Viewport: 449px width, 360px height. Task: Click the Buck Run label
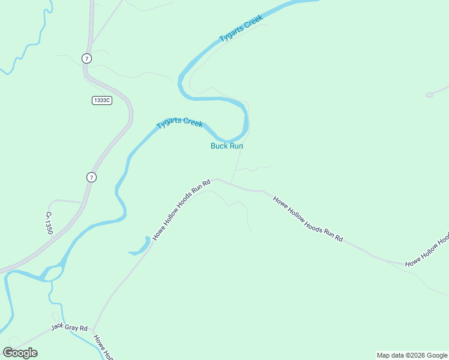(226, 146)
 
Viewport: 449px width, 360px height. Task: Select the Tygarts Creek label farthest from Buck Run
(241, 29)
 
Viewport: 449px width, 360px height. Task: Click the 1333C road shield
(101, 100)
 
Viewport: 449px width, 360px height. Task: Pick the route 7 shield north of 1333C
(87, 58)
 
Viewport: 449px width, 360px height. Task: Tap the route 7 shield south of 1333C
(91, 177)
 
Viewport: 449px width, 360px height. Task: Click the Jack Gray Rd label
(69, 328)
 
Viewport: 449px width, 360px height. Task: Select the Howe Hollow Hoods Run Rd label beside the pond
(181, 209)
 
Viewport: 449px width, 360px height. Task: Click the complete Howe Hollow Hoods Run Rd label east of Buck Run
(307, 218)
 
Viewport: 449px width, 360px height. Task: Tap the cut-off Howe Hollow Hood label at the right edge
(427, 251)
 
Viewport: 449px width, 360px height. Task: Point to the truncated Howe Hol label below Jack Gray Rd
(103, 347)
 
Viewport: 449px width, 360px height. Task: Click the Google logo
(20, 352)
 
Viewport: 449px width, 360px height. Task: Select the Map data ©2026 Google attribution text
(412, 355)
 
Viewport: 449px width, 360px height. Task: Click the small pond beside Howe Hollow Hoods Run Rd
(143, 245)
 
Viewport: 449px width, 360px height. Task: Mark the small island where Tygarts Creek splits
(53, 273)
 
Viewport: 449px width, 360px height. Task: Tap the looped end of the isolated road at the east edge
(429, 95)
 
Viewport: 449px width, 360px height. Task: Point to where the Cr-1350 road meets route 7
(82, 203)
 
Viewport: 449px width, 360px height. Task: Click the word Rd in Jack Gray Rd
(83, 328)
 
